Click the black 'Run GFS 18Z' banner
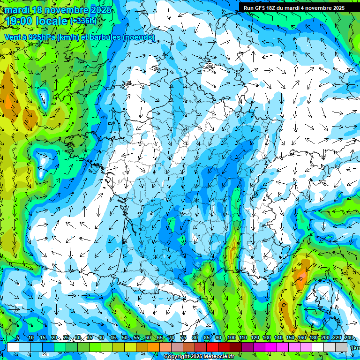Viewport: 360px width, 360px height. click(294, 7)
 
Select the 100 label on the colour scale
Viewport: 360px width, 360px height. click(232, 338)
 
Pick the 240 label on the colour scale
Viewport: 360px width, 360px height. click(348, 338)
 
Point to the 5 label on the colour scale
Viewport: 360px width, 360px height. click(17, 338)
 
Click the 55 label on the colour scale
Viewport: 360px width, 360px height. click(136, 338)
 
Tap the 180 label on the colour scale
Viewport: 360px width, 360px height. click(313, 338)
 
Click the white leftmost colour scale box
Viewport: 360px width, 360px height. click(13, 347)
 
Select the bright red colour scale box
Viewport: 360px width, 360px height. click(213, 347)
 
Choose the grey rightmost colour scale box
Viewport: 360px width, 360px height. click(342, 347)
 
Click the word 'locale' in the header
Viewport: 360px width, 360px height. click(52, 22)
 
